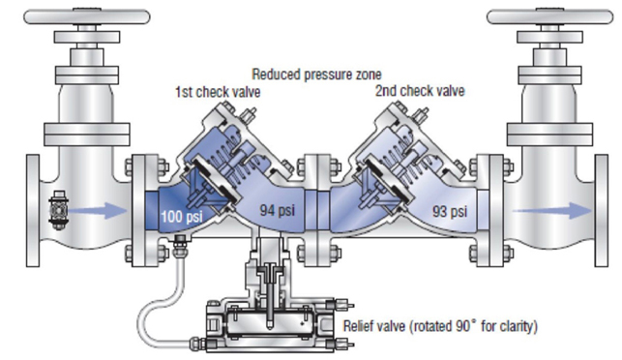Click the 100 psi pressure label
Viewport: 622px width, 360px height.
point(182,217)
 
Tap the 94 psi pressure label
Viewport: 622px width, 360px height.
point(278,210)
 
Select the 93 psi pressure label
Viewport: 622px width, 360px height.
point(450,211)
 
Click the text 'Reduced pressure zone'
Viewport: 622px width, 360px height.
point(316,75)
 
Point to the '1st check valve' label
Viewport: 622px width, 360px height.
point(218,92)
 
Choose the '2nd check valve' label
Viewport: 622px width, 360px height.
point(420,91)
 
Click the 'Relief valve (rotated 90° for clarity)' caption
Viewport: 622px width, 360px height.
point(440,326)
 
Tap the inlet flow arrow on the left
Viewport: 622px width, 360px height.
point(99,210)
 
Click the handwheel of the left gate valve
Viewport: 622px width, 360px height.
point(87,16)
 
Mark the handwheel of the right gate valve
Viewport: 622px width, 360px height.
point(549,16)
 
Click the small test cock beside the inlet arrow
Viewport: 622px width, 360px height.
point(58,211)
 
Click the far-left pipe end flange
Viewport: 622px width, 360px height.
point(33,210)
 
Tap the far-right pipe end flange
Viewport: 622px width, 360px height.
point(602,210)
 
